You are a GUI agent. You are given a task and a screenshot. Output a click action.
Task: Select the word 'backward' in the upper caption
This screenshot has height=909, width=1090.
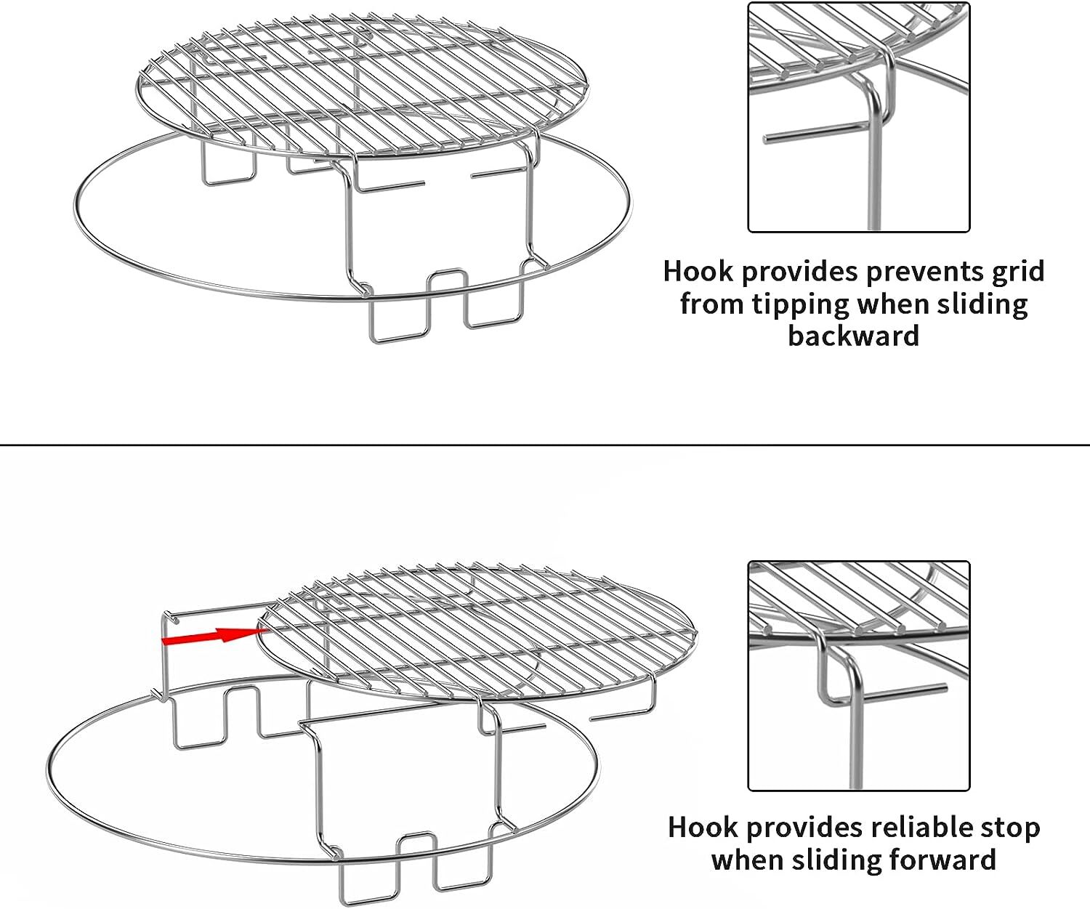pyautogui.click(x=854, y=336)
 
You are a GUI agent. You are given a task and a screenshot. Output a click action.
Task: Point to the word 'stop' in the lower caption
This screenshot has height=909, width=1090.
pyautogui.click(x=1009, y=827)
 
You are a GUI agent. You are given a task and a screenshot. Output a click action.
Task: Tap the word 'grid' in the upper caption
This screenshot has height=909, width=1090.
pyautogui.click(x=1020, y=271)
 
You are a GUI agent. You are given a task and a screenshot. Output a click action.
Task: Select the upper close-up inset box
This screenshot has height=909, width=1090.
pyautogui.click(x=859, y=117)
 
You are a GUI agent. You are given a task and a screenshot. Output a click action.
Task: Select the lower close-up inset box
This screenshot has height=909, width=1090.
pyautogui.click(x=859, y=675)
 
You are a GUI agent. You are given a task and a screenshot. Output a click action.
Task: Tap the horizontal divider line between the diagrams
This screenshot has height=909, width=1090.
pyautogui.click(x=545, y=445)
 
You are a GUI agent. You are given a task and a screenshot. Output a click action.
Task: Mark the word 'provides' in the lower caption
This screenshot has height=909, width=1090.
pyautogui.click(x=807, y=827)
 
